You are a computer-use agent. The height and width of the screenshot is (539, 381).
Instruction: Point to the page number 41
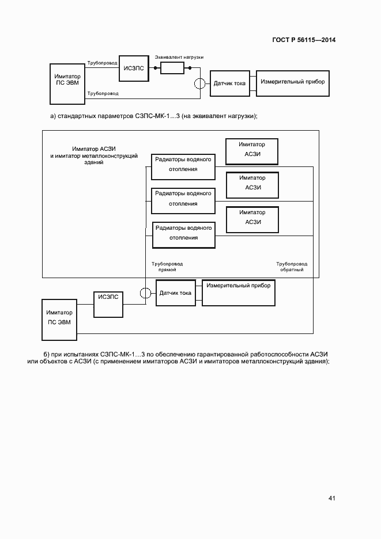pos(332,498)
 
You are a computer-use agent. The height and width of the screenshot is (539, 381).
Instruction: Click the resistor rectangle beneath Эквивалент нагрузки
pos(172,69)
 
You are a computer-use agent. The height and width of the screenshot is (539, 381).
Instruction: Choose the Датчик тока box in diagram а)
pos(229,83)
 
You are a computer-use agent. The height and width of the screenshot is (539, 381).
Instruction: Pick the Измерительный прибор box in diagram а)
pos(292,82)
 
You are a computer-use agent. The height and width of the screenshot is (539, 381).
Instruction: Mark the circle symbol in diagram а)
pos(199,83)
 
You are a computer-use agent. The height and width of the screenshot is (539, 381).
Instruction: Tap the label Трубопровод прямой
pos(167,267)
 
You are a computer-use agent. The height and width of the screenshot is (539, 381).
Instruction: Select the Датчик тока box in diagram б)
pos(175,293)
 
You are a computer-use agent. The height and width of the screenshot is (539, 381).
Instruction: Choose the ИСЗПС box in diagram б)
pos(108,303)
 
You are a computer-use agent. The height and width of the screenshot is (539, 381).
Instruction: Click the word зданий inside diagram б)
pos(93,163)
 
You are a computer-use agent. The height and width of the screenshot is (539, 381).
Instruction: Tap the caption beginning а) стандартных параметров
pos(153,116)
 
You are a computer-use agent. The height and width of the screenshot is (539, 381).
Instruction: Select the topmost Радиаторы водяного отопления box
pos(183,165)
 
